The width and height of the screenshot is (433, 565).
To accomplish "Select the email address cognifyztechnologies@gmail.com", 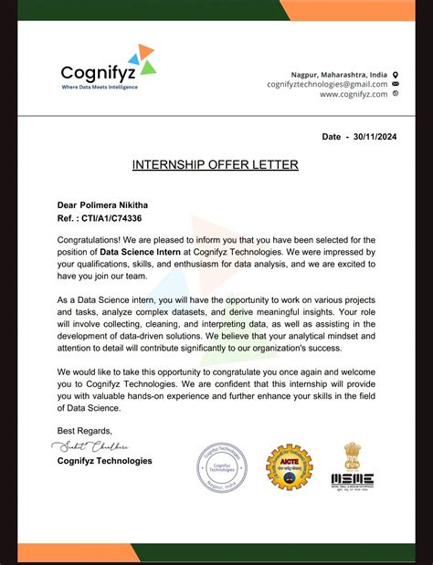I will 327,84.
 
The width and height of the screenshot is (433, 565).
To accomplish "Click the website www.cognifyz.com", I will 354,94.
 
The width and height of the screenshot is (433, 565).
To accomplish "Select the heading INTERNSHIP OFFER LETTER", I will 216,165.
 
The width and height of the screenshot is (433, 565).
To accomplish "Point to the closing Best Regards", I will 85,431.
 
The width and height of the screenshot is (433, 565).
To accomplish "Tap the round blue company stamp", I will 223,468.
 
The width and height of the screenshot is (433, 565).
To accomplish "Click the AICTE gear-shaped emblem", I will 289,467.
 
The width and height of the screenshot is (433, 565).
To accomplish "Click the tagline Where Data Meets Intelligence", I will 98,87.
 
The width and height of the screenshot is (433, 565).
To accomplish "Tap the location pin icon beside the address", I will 396,74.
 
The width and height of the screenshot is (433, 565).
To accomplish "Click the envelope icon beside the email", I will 396,84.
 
